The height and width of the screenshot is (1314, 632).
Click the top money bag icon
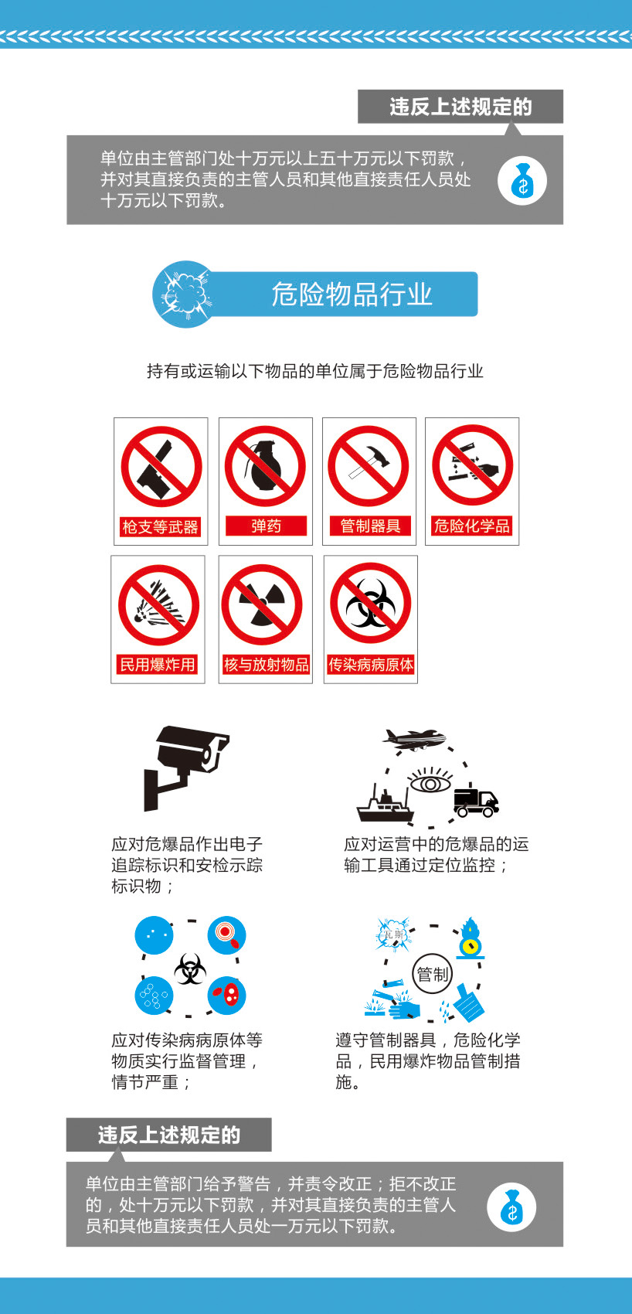pos(522,181)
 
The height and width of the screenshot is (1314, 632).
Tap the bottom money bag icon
pos(511,1207)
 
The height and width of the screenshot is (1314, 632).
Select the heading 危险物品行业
pos(352,294)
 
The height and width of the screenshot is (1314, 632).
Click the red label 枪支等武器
pos(160,527)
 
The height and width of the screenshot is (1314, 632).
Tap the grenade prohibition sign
pos(265,466)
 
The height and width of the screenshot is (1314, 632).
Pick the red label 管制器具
pos(370,526)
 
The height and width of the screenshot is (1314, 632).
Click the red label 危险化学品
pos(472,526)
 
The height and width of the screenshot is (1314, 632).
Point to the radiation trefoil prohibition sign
pos(261,604)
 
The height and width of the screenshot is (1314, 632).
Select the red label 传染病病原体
pos(371,664)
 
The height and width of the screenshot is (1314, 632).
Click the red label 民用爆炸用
pos(157,664)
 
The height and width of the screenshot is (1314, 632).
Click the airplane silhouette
pos(414,738)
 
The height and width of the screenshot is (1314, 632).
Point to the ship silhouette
pos(386,802)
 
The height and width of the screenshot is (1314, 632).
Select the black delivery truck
pos(476,800)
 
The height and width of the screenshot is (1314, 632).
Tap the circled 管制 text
pos(433,974)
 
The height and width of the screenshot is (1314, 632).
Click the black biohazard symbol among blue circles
pos(190,968)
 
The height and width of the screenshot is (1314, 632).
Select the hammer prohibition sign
pos(369,466)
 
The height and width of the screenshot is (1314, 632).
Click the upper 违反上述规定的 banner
pos(460,107)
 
